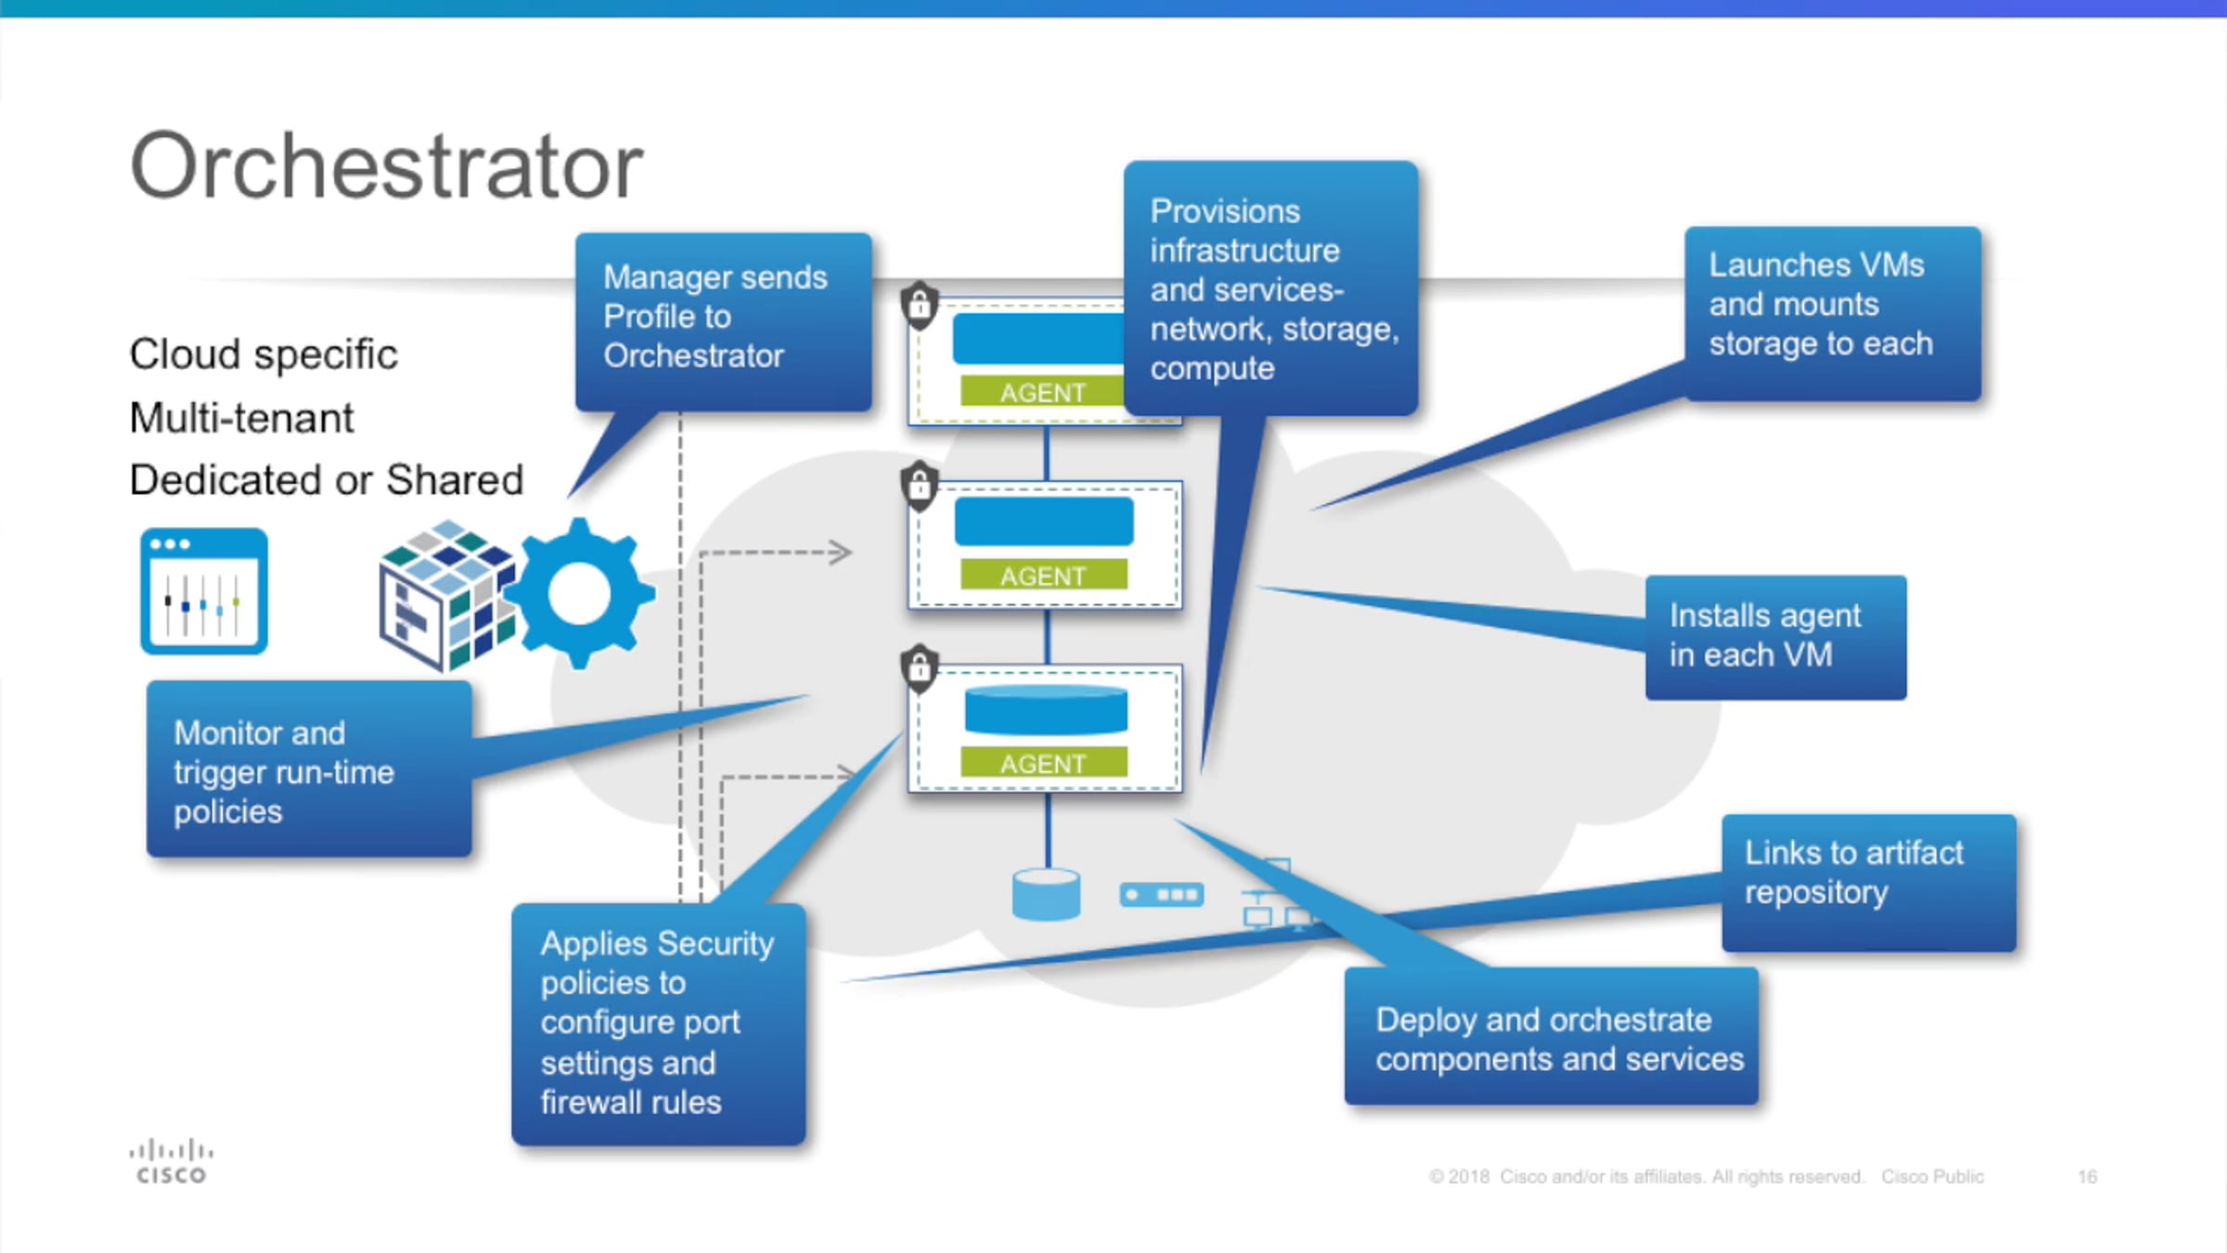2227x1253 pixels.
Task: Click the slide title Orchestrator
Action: click(x=386, y=166)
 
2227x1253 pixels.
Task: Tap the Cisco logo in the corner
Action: click(x=172, y=1162)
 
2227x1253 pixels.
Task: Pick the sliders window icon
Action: click(x=204, y=592)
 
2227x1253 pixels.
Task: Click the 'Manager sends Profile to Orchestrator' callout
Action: click(x=723, y=320)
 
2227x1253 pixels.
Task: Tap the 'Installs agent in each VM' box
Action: click(x=1775, y=637)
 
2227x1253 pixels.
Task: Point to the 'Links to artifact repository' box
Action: click(x=1868, y=882)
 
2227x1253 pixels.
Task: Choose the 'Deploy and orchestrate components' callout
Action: click(x=1551, y=1037)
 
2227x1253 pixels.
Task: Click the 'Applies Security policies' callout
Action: click(x=658, y=1024)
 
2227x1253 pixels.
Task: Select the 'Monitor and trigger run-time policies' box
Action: click(x=309, y=769)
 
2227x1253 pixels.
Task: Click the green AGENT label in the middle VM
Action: click(x=1044, y=575)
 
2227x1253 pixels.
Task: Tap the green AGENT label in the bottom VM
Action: click(x=1044, y=763)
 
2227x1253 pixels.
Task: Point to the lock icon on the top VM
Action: click(x=920, y=304)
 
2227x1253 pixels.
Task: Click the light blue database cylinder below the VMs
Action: click(x=1046, y=894)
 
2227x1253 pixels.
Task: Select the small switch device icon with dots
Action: click(x=1162, y=895)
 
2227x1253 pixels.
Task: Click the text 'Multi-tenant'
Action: click(x=241, y=418)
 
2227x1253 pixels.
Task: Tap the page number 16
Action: click(x=2087, y=1177)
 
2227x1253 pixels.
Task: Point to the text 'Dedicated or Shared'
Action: click(x=327, y=481)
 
